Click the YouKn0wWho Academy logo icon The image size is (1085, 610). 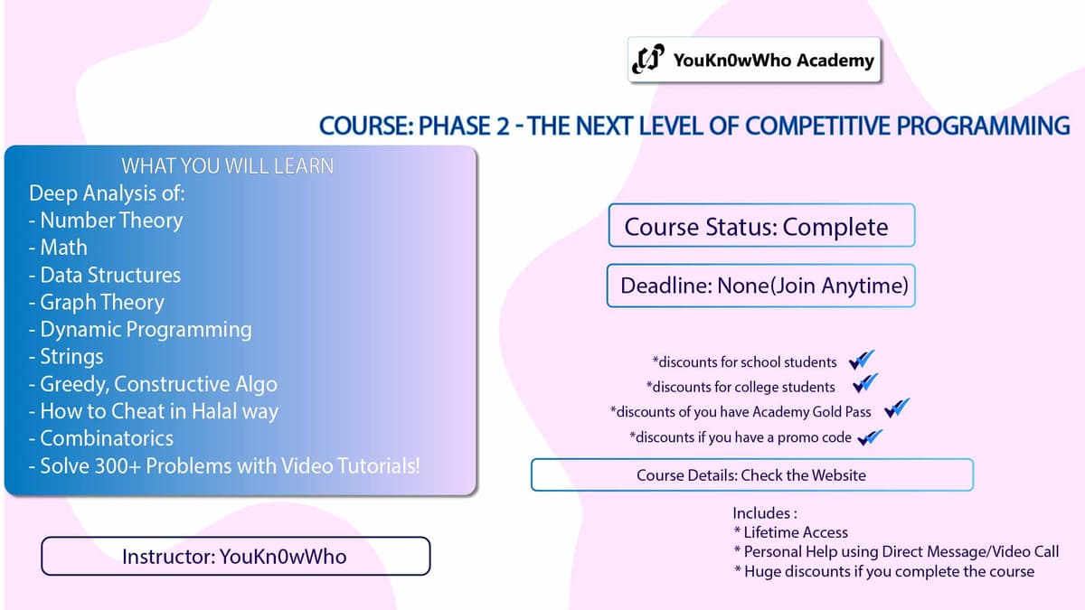pyautogui.click(x=648, y=60)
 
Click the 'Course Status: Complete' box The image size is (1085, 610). pyautogui.click(x=761, y=226)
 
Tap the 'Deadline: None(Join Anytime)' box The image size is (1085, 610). pyautogui.click(x=761, y=286)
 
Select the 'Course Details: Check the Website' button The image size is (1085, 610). pyautogui.click(x=751, y=474)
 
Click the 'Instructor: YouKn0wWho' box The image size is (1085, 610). pyautogui.click(x=235, y=556)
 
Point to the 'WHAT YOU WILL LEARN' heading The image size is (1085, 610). pyautogui.click(x=227, y=165)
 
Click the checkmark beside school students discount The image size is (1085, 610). pyautogui.click(x=862, y=361)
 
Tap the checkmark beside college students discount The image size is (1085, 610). pyautogui.click(x=865, y=385)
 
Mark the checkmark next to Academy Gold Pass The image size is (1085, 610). pyautogui.click(x=896, y=409)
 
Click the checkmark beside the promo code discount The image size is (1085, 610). pyautogui.click(x=870, y=436)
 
